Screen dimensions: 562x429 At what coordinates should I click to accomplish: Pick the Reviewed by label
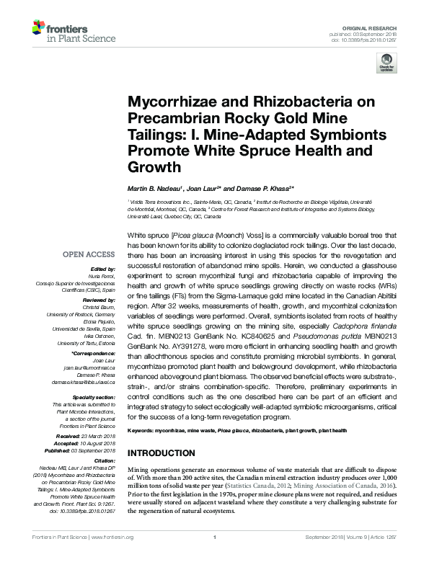pos(97,299)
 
